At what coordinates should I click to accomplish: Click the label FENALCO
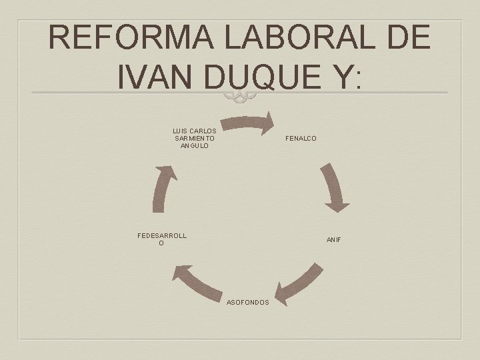[301, 139]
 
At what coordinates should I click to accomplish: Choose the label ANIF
[333, 239]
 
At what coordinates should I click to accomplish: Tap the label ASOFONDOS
[248, 302]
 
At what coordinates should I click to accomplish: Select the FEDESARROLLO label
[161, 239]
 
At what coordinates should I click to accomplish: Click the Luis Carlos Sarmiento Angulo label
[194, 138]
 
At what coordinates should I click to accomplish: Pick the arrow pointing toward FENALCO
[248, 123]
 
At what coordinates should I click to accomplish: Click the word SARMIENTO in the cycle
[194, 138]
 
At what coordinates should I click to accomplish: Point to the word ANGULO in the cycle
[194, 145]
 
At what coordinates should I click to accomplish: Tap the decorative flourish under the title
[240, 98]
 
